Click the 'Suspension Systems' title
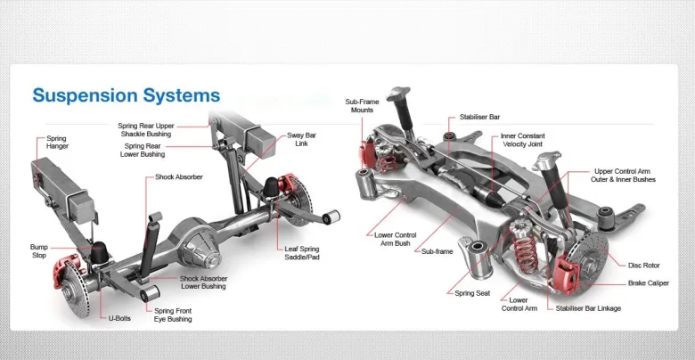pos(127,95)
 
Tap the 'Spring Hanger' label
pos(58,143)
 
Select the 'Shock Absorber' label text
pos(179,177)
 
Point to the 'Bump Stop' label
pos(39,251)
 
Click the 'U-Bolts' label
pos(119,318)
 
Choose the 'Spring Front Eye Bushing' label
pos(173,315)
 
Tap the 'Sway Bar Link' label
pos(301,140)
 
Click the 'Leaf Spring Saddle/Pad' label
pos(302,253)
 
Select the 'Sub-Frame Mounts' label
pos(362,106)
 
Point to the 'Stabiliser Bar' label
pos(479,117)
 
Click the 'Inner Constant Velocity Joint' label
pos(522,140)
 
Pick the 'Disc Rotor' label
pos(644,266)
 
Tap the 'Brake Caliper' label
pos(649,283)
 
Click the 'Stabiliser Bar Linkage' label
pos(588,308)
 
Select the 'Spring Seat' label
pos(472,293)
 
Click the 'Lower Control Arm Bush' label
pos(396,240)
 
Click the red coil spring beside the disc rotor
pos(525,252)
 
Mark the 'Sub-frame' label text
pos(437,251)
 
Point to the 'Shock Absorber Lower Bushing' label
pos(203,282)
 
